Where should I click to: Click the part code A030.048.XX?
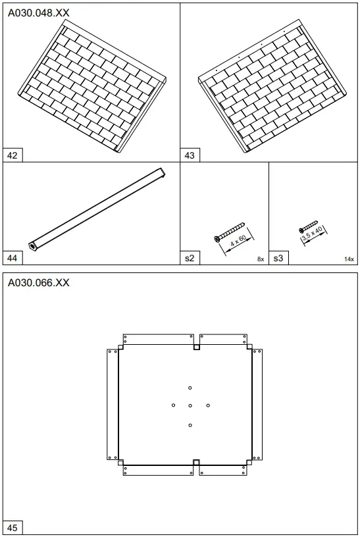click(38, 13)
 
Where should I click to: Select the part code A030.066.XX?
click(38, 283)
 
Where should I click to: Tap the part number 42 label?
click(13, 155)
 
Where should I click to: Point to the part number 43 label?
click(190, 155)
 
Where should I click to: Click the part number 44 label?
click(13, 258)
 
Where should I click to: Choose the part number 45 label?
click(13, 528)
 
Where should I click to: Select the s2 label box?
click(190, 258)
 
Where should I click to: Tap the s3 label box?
click(278, 258)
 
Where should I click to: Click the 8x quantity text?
click(261, 259)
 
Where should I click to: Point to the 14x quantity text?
click(349, 259)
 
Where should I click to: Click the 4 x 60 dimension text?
click(238, 241)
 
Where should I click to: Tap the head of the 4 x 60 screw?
click(217, 239)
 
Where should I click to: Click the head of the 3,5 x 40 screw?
click(301, 230)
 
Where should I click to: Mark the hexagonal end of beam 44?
click(32, 246)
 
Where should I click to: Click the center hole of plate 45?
click(190, 406)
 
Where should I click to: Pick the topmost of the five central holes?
click(190, 388)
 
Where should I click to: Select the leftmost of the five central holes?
click(174, 405)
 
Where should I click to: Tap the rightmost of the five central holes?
click(208, 405)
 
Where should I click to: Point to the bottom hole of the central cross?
click(190, 425)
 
